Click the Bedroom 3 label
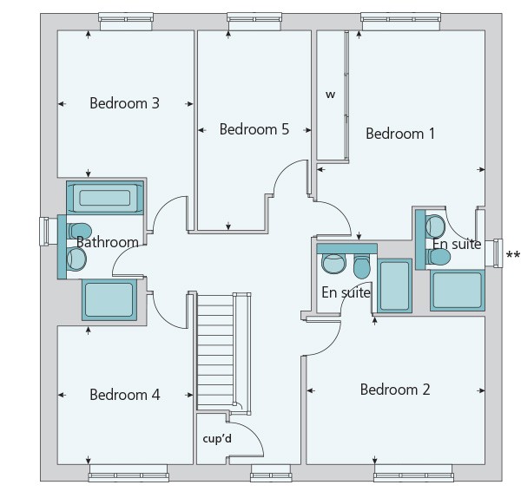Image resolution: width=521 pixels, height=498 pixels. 124,103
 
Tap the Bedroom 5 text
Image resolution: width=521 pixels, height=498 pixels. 254,129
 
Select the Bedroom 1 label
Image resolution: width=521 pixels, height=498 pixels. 400,134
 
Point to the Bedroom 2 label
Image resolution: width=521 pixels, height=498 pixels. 395,390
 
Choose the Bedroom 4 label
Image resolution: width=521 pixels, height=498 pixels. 125,395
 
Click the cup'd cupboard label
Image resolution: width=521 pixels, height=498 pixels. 217,439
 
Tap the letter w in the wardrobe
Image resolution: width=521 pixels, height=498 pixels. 330,95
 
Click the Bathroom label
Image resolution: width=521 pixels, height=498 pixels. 108,242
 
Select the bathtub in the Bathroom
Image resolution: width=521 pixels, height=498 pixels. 105,198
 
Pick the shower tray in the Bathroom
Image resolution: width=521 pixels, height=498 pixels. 109,300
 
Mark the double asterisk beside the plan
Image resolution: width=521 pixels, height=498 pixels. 513,255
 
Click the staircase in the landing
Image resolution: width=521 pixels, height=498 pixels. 215,352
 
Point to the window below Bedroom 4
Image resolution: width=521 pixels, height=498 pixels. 129,473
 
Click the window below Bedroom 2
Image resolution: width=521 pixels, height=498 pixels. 413,473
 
